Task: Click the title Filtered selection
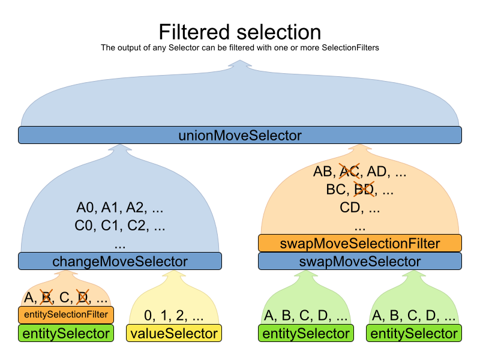point(240,31)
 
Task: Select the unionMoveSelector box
point(240,135)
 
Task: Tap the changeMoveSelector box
point(120,261)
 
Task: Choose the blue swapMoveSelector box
point(360,261)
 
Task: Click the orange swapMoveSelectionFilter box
point(360,244)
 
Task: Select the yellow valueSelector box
point(174,334)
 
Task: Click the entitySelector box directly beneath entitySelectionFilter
point(66,334)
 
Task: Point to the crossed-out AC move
point(350,172)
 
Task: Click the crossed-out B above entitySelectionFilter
point(46,297)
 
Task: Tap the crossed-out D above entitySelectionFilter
point(82,297)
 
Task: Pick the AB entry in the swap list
point(323,172)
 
